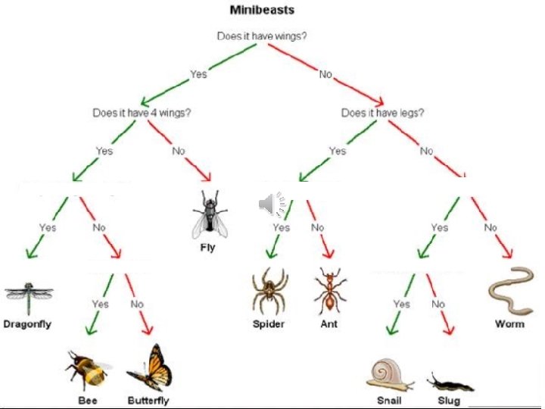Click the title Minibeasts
pos(262,11)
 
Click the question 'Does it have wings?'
pos(262,36)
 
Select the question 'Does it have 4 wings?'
pos(142,113)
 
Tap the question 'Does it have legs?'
pos(382,113)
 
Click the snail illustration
pos(390,374)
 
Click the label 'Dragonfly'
pos(27,324)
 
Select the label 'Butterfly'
pos(148,401)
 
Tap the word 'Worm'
pos(509,324)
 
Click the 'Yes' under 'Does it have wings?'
pos(198,74)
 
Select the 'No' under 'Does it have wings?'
pos(325,74)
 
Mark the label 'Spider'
pos(269,324)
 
